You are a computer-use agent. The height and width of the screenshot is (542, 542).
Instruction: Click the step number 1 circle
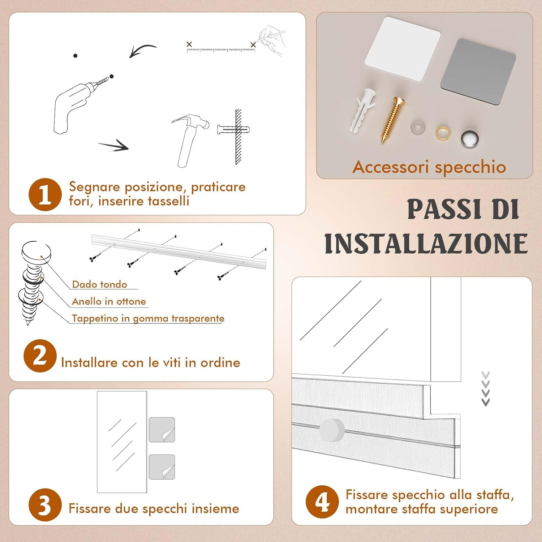(x=45, y=194)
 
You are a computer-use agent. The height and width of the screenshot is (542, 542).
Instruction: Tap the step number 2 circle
(x=40, y=356)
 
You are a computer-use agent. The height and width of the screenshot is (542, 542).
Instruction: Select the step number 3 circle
(x=45, y=505)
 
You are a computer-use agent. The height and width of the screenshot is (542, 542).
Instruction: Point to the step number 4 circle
(x=322, y=502)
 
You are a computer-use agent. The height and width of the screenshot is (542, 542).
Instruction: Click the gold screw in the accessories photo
(x=392, y=120)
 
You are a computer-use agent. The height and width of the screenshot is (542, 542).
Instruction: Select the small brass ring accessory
(x=443, y=133)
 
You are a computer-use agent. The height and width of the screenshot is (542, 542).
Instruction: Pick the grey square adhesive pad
(x=478, y=72)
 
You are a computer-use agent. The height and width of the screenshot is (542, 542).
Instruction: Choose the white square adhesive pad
(x=402, y=48)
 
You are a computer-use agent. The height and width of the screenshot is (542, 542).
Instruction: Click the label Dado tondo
(x=99, y=284)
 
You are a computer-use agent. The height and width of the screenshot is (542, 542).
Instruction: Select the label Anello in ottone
(x=109, y=301)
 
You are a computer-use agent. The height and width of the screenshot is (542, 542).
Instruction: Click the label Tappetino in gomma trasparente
(x=148, y=318)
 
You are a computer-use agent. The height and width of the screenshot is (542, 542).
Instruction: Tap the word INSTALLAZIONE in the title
(x=426, y=244)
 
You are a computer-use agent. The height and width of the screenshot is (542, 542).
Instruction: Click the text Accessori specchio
(x=429, y=167)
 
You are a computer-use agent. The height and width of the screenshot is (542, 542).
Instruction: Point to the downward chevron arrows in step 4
(x=486, y=388)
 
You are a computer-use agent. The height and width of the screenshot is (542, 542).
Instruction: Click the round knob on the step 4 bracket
(x=332, y=430)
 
